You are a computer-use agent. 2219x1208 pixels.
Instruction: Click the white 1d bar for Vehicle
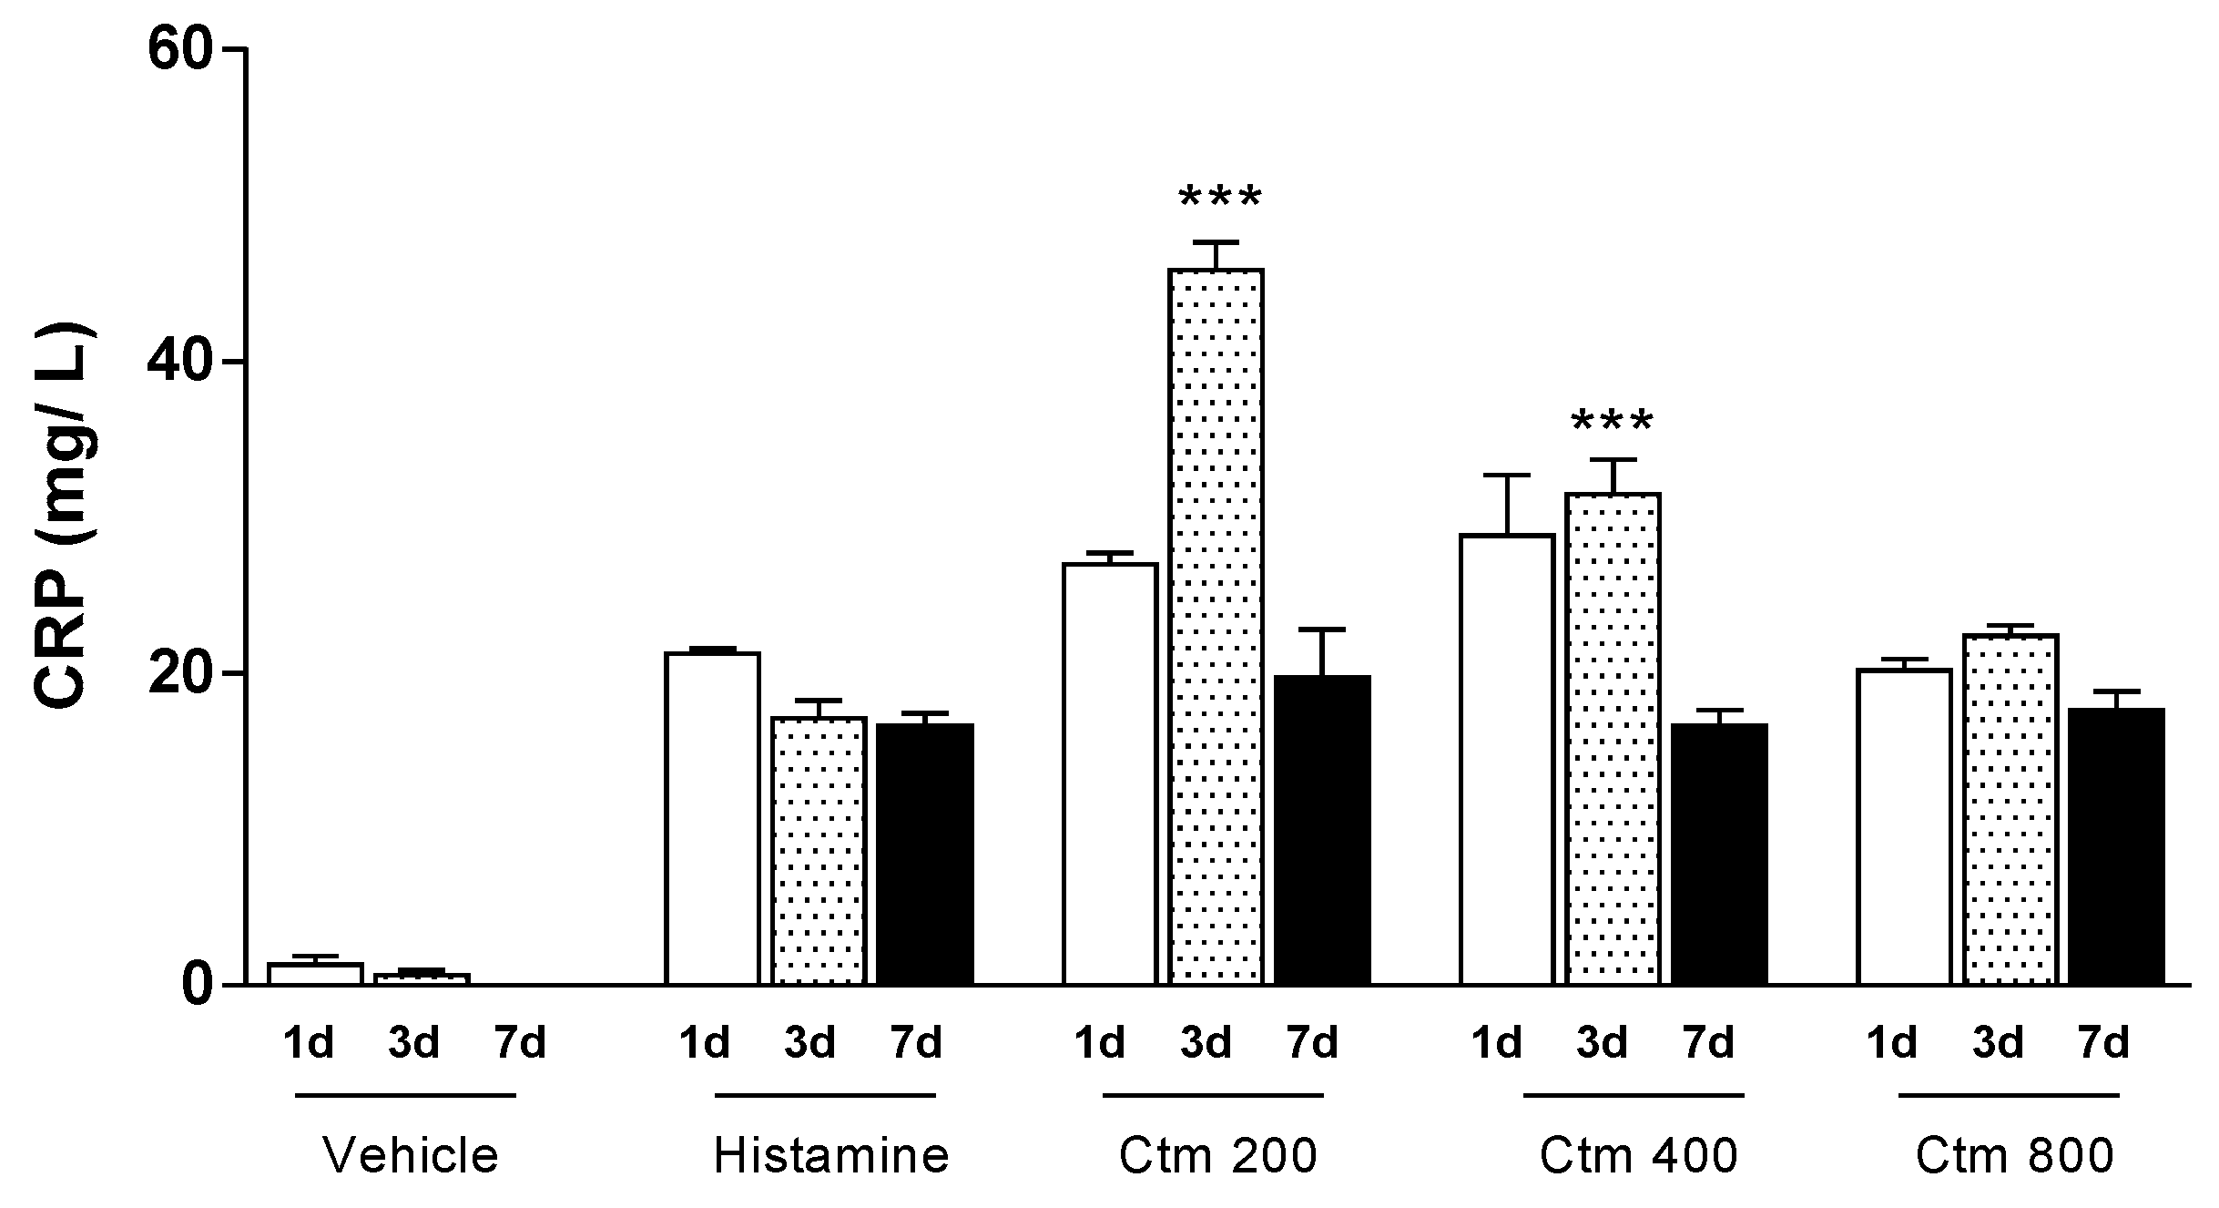point(315,974)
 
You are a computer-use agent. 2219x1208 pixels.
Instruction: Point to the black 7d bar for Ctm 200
point(1322,829)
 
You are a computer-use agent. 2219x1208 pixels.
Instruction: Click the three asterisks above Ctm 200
point(1219,197)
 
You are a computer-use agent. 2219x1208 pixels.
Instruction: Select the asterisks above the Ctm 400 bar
point(1612,422)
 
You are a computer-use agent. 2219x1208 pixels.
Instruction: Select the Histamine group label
point(830,1155)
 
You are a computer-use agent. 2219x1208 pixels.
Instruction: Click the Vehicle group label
point(411,1155)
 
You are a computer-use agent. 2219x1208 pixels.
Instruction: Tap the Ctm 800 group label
point(2013,1155)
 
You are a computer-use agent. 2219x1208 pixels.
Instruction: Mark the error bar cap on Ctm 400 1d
point(1507,476)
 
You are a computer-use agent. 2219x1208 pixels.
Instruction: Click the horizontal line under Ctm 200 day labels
point(1212,1095)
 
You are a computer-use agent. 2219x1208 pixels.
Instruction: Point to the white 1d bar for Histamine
point(712,818)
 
